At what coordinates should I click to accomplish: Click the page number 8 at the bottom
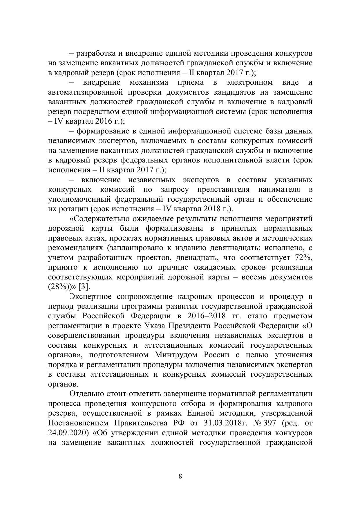click(x=180, y=476)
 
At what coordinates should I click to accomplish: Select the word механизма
click(x=149, y=82)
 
